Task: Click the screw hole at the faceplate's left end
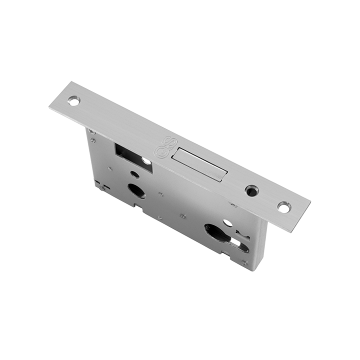74,101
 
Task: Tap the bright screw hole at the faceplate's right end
284,207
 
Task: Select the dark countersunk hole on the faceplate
250,190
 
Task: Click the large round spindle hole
135,190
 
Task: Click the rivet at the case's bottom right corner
244,262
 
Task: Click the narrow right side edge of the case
261,245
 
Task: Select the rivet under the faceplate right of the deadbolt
233,204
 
